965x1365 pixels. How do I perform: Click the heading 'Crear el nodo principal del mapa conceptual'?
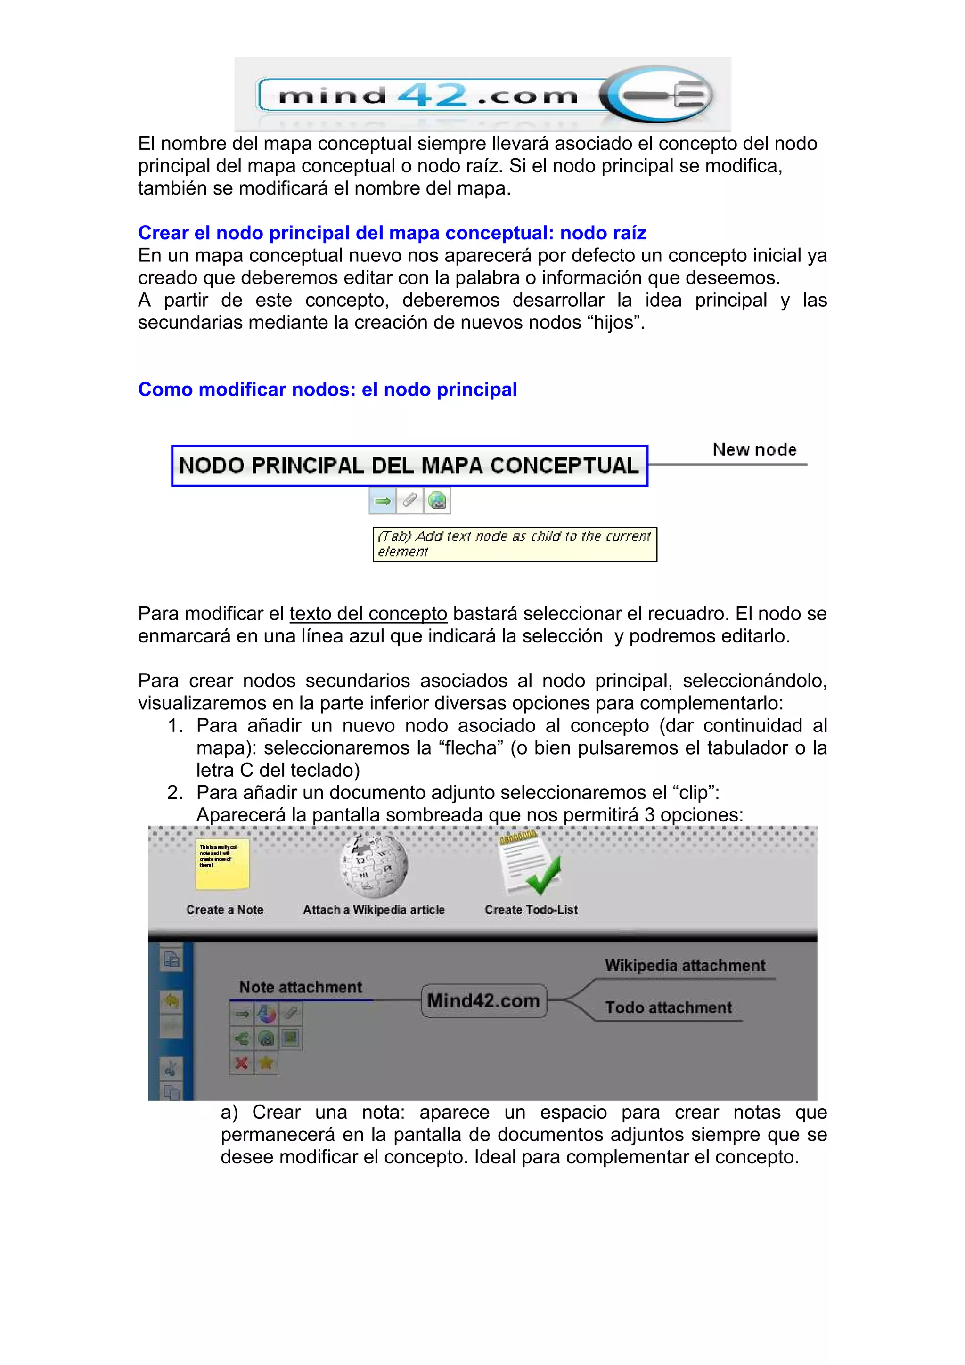(392, 233)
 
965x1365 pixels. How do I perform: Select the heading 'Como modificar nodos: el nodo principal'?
(327, 390)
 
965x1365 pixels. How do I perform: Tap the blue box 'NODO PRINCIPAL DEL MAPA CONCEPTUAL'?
(409, 465)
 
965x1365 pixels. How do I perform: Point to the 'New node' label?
(754, 450)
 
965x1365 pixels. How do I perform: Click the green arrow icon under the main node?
(382, 501)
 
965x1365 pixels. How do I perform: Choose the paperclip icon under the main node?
(409, 501)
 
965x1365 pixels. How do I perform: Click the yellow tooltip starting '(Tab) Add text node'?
(515, 544)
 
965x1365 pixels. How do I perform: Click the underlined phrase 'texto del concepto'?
(368, 614)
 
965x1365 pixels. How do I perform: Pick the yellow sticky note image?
(222, 863)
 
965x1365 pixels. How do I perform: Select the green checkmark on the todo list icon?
(543, 875)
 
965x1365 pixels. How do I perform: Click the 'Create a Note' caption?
(225, 910)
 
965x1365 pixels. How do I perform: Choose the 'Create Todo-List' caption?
(531, 910)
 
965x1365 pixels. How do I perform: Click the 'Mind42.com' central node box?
(483, 1000)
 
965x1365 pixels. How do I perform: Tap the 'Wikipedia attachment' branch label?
(685, 966)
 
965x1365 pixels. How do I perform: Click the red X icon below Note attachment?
(241, 1063)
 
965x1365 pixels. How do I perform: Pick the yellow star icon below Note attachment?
(266, 1063)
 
